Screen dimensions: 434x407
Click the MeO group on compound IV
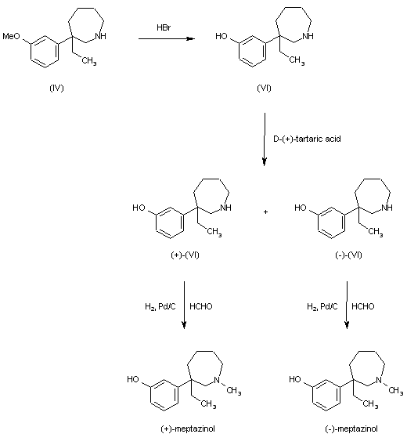pyautogui.click(x=12, y=36)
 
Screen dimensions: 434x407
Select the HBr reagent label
pyautogui.click(x=164, y=27)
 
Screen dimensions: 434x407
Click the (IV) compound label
pyautogui.click(x=56, y=86)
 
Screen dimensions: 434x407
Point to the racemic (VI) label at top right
pyautogui.click(x=264, y=86)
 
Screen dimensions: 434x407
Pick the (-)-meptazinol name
pyautogui.click(x=346, y=428)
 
